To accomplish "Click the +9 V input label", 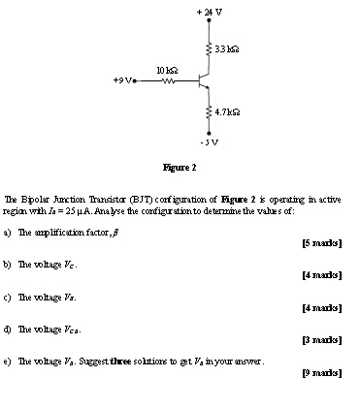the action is point(120,81).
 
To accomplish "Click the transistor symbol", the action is point(203,80).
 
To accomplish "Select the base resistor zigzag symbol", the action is point(167,81).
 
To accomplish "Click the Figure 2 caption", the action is point(180,167).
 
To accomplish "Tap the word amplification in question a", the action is point(55,233).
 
